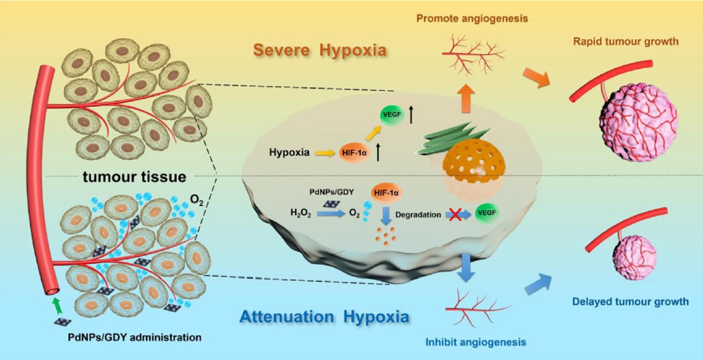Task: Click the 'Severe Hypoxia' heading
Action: (320, 49)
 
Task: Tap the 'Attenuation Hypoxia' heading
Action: (325, 316)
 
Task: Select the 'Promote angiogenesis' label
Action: (472, 18)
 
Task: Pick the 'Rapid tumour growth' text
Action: (626, 42)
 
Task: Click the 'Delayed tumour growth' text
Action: (631, 302)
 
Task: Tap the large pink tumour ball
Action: (638, 122)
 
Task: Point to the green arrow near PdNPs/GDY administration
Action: (56, 305)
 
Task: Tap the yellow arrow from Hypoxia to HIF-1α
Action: (324, 153)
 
